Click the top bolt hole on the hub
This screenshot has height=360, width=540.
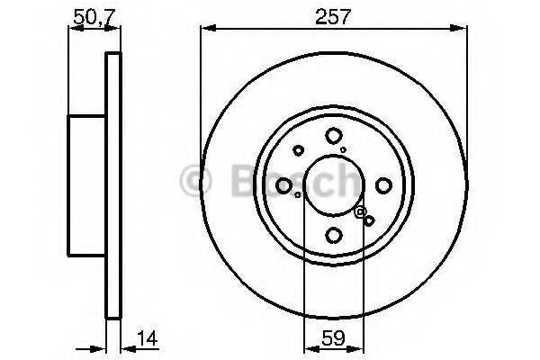click(x=334, y=136)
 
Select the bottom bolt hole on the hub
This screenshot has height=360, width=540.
click(x=334, y=235)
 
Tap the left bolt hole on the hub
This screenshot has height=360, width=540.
click(x=284, y=186)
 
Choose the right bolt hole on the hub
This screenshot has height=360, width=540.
click(x=383, y=186)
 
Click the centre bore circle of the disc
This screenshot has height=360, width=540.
click(x=334, y=186)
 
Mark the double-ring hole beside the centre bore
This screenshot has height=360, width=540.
click(x=361, y=212)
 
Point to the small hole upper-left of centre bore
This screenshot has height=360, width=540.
click(x=298, y=150)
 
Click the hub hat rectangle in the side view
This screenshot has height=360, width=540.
click(x=88, y=186)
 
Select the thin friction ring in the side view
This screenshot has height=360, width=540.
click(x=113, y=186)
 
